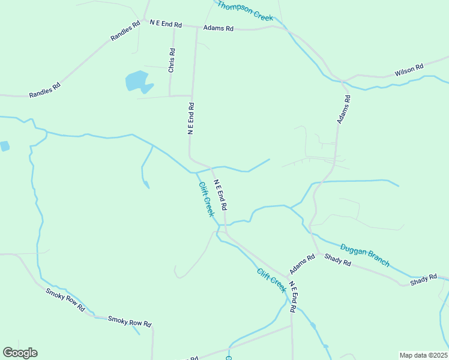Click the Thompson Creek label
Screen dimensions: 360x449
click(245, 11)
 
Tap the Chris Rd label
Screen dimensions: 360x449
click(172, 61)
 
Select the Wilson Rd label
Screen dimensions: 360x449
click(409, 70)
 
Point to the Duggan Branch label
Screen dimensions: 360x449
click(365, 255)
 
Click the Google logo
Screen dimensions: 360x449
click(20, 353)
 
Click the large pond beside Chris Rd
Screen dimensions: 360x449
click(137, 81)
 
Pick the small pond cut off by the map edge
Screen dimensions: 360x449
click(4, 146)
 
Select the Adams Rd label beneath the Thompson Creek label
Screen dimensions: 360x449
click(218, 28)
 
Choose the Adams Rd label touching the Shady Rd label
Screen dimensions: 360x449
click(303, 263)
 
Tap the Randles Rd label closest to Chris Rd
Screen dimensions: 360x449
click(125, 31)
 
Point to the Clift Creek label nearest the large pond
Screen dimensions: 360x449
click(206, 199)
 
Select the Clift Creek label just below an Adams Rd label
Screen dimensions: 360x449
click(272, 280)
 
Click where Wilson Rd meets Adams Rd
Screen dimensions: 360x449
click(342, 80)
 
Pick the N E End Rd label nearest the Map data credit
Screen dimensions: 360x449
click(292, 297)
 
